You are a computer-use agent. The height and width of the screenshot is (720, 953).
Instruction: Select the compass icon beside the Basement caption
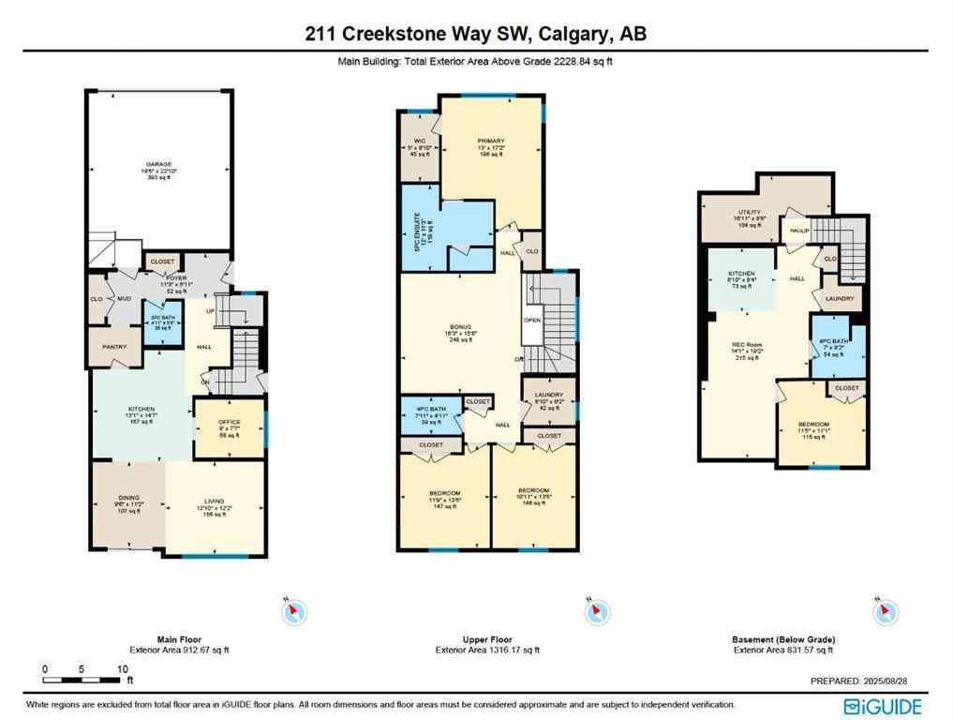[882, 613]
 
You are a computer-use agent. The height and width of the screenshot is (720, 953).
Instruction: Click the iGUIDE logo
[883, 706]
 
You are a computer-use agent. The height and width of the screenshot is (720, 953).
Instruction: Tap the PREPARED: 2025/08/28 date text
[866, 682]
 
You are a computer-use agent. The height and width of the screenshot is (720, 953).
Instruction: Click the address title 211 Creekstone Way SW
[476, 35]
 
